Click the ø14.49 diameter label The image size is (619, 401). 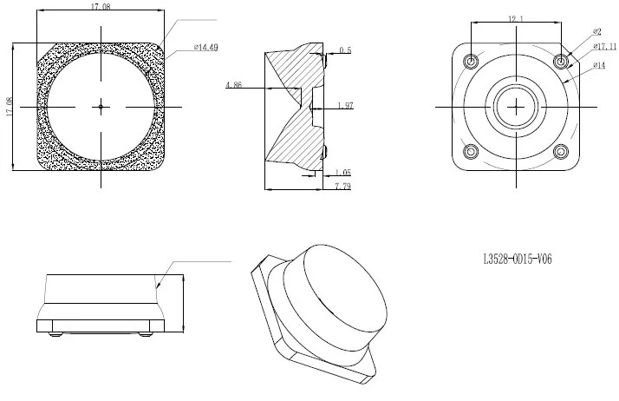pyautogui.click(x=205, y=48)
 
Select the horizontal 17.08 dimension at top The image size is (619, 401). pyautogui.click(x=101, y=7)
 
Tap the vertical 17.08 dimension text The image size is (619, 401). pyautogui.click(x=10, y=107)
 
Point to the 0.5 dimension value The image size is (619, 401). pyautogui.click(x=345, y=50)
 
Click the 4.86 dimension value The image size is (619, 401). pyautogui.click(x=234, y=84)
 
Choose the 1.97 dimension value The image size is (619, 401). pyautogui.click(x=345, y=106)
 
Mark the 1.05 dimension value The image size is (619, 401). pyautogui.click(x=343, y=172)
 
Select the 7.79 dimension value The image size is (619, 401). pyautogui.click(x=343, y=186)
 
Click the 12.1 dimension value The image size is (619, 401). pyautogui.click(x=516, y=18)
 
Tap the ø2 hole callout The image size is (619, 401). pyautogui.click(x=596, y=31)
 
